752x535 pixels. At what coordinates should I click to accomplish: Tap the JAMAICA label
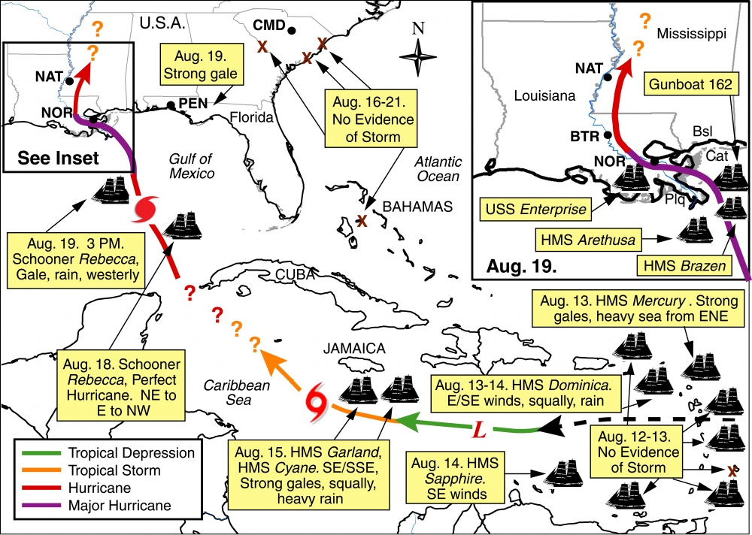[355, 348]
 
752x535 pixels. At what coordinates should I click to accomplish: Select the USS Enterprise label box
[537, 208]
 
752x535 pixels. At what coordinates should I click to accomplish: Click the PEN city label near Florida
[193, 104]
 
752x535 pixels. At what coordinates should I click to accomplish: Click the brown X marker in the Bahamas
[362, 221]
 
